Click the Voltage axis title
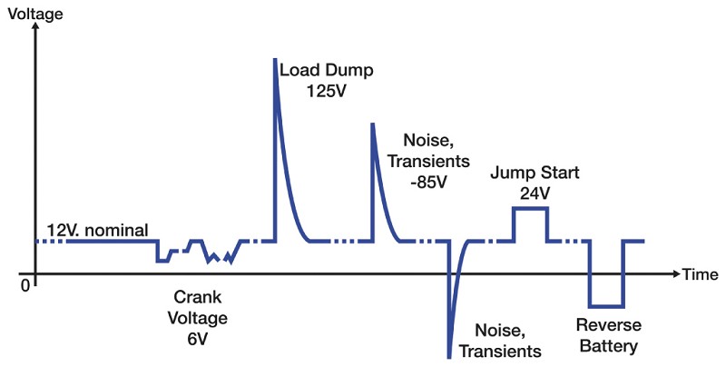pyautogui.click(x=35, y=14)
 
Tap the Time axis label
pyautogui.click(x=700, y=274)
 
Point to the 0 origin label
pyautogui.click(x=25, y=285)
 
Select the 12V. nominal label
pyautogui.click(x=98, y=230)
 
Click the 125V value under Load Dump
pyautogui.click(x=327, y=91)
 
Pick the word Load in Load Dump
pyautogui.click(x=300, y=71)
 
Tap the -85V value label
pyautogui.click(x=428, y=182)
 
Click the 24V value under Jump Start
pyautogui.click(x=535, y=193)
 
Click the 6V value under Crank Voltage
pyautogui.click(x=198, y=339)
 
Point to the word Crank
pyautogui.click(x=198, y=297)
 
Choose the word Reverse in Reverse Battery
pyautogui.click(x=609, y=325)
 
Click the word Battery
pyautogui.click(x=609, y=346)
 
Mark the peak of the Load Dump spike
pyautogui.click(x=275, y=59)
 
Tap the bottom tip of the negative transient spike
pyautogui.click(x=448, y=357)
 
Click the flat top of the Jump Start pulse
pyautogui.click(x=531, y=208)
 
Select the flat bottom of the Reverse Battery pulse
pyautogui.click(x=606, y=307)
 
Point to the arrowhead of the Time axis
pyautogui.click(x=676, y=273)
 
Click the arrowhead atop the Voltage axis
pyautogui.click(x=35, y=26)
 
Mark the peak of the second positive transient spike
pyautogui.click(x=372, y=124)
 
